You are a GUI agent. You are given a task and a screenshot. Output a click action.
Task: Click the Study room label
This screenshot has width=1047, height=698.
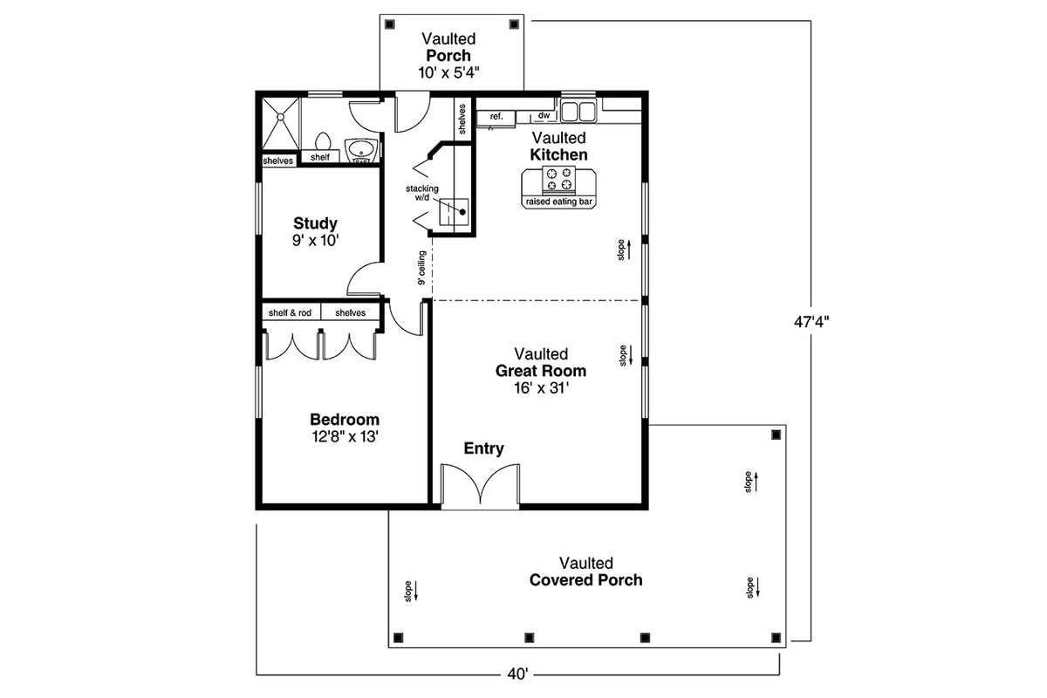pos(315,222)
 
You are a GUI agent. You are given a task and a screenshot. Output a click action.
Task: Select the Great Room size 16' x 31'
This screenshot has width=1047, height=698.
pos(541,388)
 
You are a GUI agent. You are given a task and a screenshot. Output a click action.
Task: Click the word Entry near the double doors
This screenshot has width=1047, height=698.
pos(483,448)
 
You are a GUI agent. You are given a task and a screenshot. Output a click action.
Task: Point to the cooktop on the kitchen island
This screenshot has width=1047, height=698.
pos(558,180)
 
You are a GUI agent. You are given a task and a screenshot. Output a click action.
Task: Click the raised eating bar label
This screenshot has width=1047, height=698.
pos(558,202)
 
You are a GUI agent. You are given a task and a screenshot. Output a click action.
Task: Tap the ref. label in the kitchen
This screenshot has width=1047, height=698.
pos(496,116)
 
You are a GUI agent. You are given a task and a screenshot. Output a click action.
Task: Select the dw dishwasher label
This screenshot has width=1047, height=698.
pos(544,115)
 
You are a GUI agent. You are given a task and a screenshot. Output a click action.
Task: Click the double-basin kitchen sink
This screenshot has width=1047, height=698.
pos(577,111)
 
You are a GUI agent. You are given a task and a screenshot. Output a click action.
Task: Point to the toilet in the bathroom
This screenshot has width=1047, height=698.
pos(322,142)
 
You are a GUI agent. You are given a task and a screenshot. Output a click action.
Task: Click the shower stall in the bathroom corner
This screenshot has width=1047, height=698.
pos(280,126)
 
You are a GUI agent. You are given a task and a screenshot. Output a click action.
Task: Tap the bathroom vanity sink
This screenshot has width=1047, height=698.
pos(360,151)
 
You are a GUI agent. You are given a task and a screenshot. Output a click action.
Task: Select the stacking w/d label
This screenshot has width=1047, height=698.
pos(421,193)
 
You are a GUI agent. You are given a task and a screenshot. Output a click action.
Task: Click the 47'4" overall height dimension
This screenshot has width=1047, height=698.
pos(811,320)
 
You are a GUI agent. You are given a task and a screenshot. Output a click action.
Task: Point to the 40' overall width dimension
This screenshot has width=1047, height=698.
pos(517,674)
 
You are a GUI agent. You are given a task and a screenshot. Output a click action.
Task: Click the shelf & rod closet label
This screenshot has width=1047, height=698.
pos(290,313)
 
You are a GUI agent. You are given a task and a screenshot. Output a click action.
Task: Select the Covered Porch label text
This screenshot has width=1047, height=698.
pos(585,580)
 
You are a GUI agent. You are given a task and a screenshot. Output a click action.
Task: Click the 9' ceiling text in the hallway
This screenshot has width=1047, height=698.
pos(421,268)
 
